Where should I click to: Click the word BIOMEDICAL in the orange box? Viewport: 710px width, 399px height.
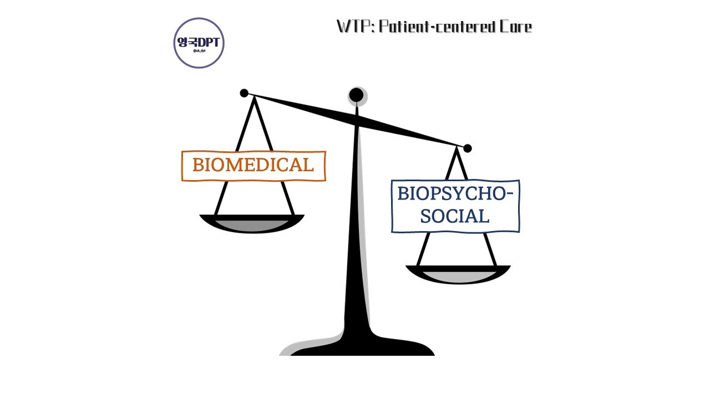click(x=253, y=165)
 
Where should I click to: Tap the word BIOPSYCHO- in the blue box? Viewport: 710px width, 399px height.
click(x=455, y=194)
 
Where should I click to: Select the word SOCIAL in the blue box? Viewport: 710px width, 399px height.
click(x=455, y=216)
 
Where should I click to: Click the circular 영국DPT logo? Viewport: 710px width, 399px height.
click(x=199, y=43)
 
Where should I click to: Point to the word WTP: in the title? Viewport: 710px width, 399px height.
click(x=355, y=27)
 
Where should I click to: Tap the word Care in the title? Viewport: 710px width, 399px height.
click(x=515, y=27)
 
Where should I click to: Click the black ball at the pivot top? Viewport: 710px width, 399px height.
click(x=356, y=95)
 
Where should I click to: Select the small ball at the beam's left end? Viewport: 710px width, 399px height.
click(x=244, y=93)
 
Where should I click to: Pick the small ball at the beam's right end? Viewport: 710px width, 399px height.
click(x=468, y=148)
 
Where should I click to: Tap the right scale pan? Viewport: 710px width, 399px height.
click(x=458, y=274)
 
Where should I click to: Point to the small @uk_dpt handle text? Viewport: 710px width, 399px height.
click(x=199, y=51)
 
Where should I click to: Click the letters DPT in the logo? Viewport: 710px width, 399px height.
click(x=209, y=42)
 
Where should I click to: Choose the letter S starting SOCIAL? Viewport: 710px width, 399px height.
click(x=426, y=216)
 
